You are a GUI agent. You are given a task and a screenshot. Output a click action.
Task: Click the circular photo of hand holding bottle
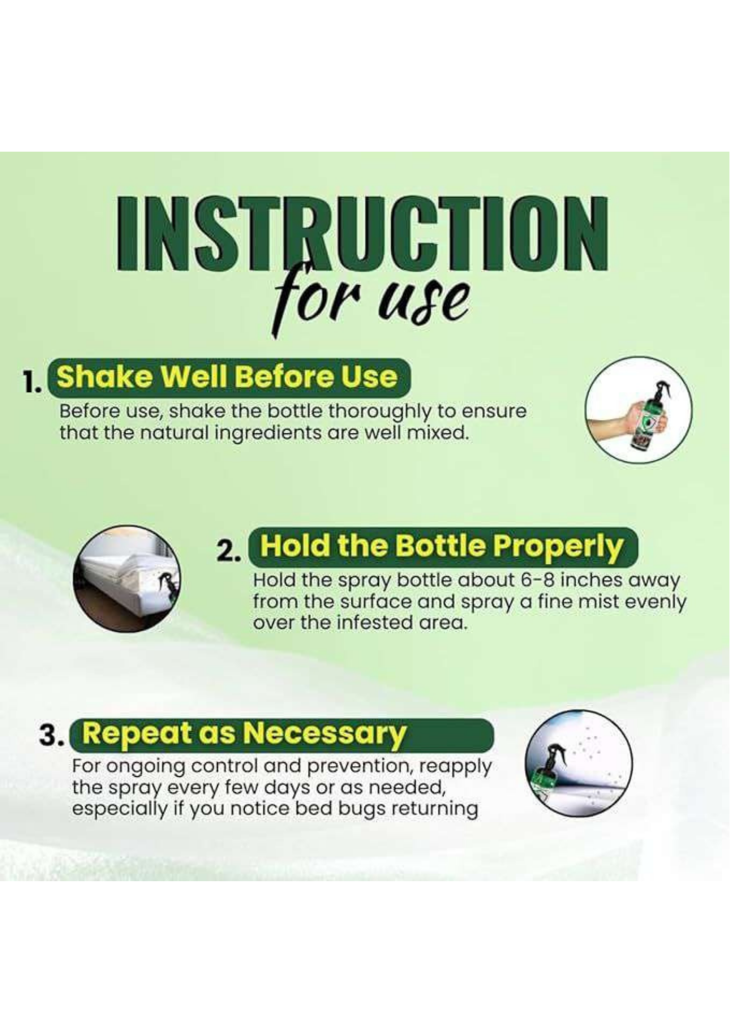point(639,410)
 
